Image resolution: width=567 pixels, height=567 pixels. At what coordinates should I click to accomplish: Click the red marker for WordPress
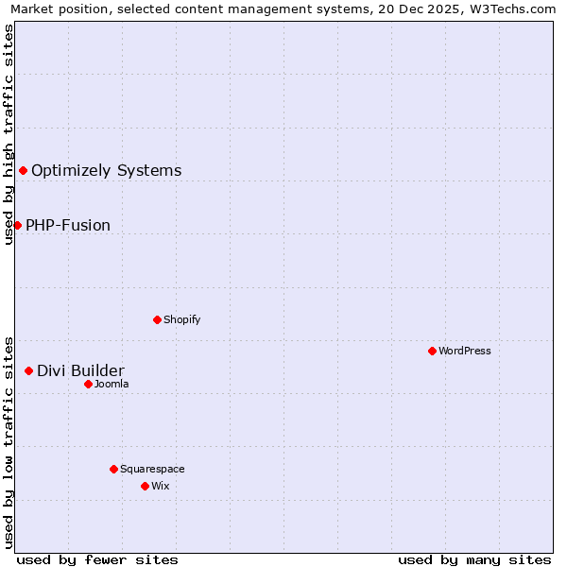(432, 351)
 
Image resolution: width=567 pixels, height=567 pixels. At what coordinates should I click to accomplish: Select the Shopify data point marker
(157, 319)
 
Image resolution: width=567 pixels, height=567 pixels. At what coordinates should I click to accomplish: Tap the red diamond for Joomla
(88, 384)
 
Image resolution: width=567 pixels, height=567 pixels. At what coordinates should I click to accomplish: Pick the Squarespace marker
(113, 469)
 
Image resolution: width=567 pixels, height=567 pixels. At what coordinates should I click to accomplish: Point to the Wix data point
(145, 486)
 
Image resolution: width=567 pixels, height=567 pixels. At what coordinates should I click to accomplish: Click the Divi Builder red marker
(28, 370)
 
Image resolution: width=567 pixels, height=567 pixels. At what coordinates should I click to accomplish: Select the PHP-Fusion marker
(17, 225)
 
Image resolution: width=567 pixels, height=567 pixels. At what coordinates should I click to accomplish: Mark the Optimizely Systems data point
(23, 170)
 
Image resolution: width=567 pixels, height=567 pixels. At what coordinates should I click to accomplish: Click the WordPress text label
(465, 351)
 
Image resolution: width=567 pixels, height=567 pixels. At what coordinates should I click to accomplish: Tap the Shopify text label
(181, 319)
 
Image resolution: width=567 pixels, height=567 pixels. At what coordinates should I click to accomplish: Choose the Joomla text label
(112, 384)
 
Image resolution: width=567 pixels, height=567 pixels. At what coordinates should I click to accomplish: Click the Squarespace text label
(152, 469)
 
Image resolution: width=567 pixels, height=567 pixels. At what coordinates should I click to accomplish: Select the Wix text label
(161, 486)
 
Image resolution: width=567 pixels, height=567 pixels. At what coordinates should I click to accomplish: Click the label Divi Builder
(80, 370)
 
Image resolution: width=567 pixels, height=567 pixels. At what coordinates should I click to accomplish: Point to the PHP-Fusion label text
(68, 225)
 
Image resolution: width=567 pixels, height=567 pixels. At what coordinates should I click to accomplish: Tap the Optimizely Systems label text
(107, 170)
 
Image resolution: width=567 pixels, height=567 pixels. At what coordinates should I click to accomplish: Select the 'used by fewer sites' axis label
(97, 559)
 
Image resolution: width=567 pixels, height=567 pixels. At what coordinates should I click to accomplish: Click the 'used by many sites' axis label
(474, 559)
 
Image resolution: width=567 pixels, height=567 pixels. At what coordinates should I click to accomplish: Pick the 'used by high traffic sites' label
(9, 134)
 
